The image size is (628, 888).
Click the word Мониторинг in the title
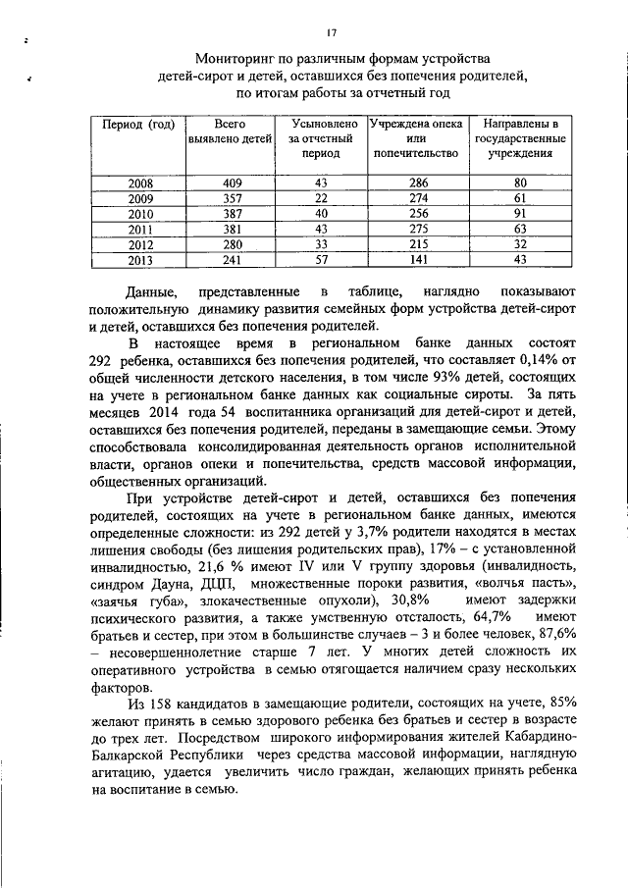coord(235,59)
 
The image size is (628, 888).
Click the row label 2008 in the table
coord(140,183)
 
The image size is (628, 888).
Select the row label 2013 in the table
coord(140,260)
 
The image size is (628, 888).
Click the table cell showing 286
coord(419,183)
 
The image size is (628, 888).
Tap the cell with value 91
coord(520,214)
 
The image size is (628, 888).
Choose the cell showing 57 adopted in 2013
coord(320,260)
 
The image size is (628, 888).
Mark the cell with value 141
coord(419,260)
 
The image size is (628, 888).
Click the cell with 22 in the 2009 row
coord(320,198)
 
